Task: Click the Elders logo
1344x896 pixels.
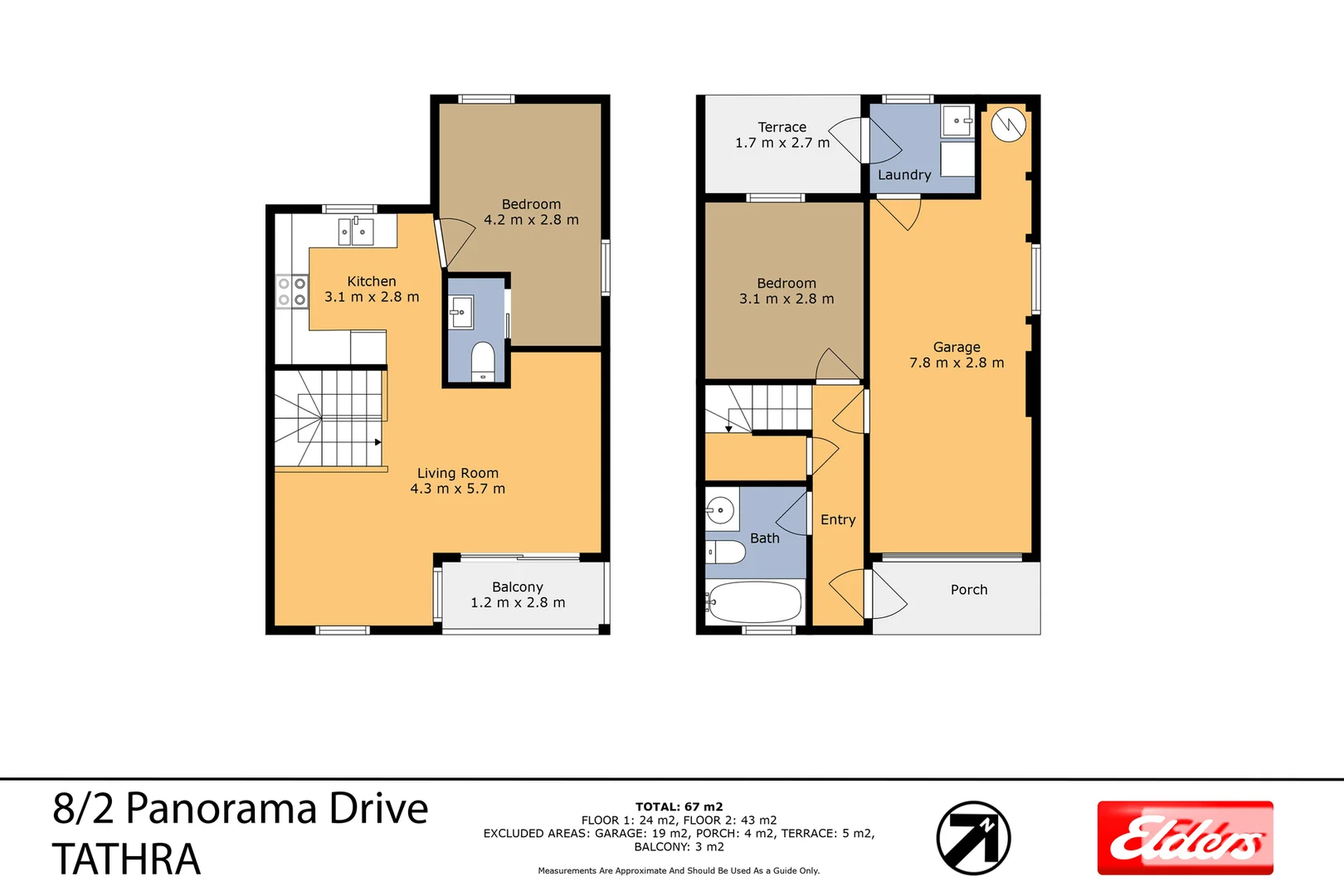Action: (1185, 838)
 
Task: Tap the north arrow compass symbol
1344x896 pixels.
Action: (973, 838)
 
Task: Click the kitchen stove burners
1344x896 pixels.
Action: (292, 291)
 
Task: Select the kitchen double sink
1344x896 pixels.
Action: (356, 231)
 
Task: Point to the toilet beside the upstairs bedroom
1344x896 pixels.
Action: (483, 362)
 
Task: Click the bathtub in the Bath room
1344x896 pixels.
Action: (755, 602)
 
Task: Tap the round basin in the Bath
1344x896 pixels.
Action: (721, 509)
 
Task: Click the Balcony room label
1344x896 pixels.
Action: (518, 587)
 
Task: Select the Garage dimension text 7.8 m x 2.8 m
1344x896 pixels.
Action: (957, 363)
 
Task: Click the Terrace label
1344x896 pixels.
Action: (782, 127)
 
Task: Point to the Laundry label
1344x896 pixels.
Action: (904, 175)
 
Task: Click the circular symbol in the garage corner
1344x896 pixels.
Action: (1008, 125)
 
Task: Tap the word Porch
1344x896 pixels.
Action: (969, 590)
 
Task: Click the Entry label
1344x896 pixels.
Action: (838, 519)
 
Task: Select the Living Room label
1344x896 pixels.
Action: (458, 473)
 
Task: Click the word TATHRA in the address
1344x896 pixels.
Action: (126, 859)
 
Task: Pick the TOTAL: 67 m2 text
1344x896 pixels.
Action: (679, 806)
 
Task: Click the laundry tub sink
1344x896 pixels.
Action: (957, 121)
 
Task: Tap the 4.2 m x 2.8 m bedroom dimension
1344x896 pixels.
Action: (531, 220)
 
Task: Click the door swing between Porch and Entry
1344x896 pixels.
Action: (886, 595)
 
